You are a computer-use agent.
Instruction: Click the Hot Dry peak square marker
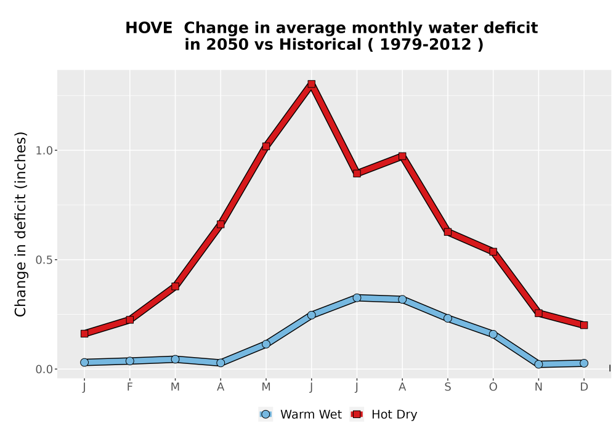312,84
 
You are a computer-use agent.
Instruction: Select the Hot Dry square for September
447,232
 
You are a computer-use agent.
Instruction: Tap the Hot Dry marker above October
493,252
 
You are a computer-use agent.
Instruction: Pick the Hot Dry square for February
129,320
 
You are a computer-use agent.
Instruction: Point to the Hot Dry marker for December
584,325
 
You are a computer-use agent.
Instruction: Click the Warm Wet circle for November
538,365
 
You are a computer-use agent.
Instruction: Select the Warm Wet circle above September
447,318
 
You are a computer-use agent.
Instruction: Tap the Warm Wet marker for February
129,361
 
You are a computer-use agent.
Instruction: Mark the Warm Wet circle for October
493,334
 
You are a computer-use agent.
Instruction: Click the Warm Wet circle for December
584,363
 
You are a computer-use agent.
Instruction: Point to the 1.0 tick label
44,150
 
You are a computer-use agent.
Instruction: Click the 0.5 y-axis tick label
44,260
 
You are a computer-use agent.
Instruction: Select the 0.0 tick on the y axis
44,369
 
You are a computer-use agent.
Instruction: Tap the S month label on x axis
447,387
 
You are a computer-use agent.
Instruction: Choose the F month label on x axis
129,387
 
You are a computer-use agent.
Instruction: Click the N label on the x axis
538,387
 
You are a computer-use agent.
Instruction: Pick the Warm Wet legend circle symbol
265,414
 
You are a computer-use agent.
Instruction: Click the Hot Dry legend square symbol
357,414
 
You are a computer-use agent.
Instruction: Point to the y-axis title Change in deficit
20,225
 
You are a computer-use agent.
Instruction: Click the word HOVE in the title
148,28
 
